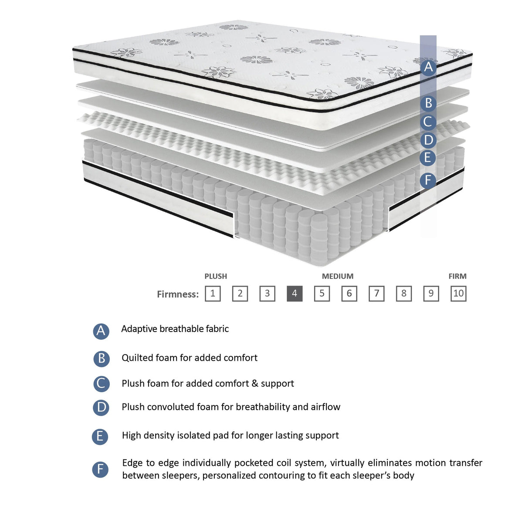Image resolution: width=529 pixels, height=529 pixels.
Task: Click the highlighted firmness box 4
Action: (295, 294)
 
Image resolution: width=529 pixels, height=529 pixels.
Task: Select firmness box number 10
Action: (458, 294)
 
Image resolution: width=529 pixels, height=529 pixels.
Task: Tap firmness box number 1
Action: (213, 294)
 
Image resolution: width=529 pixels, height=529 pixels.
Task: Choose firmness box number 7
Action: (376, 294)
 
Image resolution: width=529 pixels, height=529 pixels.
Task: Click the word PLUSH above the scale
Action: (216, 276)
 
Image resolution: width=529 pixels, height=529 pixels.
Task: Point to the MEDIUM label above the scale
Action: (338, 276)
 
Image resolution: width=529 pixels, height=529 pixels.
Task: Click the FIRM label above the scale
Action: (458, 276)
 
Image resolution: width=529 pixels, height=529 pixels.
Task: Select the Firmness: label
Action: (178, 294)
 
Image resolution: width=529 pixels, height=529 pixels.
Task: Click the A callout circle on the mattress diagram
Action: (428, 67)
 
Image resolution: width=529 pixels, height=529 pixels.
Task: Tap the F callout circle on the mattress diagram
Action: (428, 180)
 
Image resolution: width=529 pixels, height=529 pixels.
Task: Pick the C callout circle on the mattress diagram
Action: (428, 122)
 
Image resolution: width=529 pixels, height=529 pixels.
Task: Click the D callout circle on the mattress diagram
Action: (428, 140)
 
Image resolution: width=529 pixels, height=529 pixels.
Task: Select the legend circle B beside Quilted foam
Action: (101, 358)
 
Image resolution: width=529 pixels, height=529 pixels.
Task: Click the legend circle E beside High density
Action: (100, 436)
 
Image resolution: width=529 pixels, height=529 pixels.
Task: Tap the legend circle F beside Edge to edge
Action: (100, 469)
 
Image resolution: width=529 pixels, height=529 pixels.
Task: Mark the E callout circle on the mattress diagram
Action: (428, 158)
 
